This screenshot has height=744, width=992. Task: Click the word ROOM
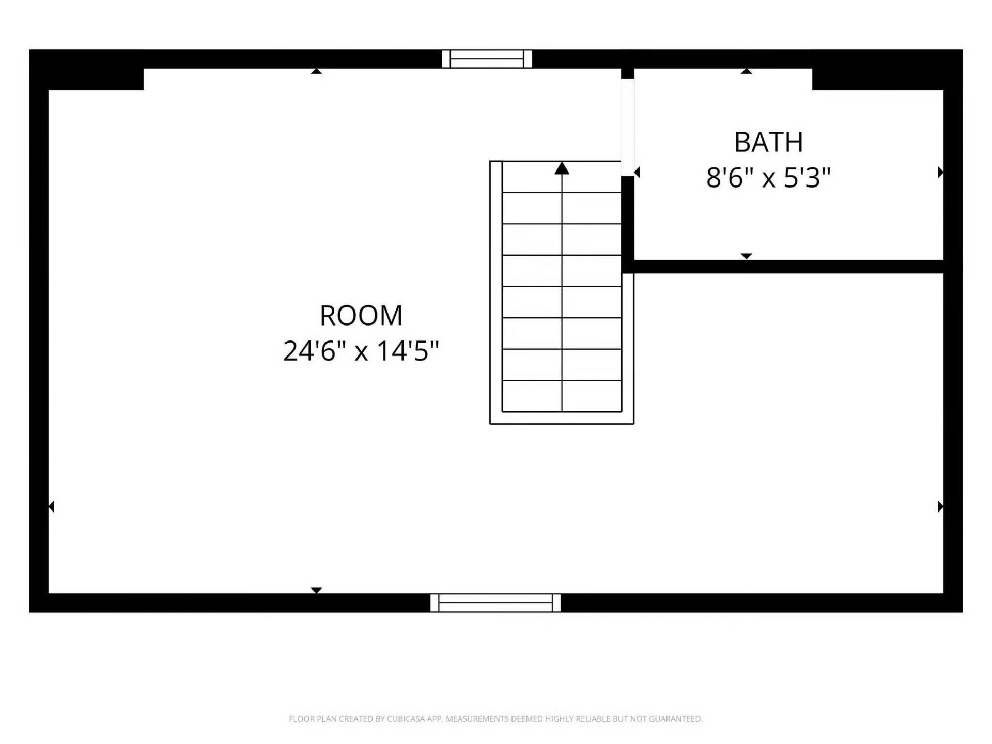tap(361, 315)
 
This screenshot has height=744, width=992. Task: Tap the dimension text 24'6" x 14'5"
tap(361, 351)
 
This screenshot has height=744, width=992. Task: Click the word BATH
tap(768, 142)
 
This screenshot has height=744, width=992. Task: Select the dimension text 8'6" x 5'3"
tap(768, 178)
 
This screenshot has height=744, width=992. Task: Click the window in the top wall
tap(487, 59)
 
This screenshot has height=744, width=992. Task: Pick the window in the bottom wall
tap(495, 602)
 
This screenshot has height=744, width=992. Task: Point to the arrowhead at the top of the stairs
tap(562, 168)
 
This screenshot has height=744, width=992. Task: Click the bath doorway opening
tap(628, 127)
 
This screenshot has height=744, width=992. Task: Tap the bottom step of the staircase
tap(562, 396)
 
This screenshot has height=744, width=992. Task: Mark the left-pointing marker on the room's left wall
tap(51, 506)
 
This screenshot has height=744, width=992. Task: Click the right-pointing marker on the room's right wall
tap(941, 506)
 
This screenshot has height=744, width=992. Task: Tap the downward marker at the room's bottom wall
tap(316, 590)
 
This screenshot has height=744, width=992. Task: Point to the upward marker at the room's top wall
tap(316, 71)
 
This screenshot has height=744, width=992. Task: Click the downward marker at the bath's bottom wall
tap(746, 256)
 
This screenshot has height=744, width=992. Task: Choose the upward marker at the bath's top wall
tap(746, 71)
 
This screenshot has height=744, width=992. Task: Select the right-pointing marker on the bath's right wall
tap(941, 172)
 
